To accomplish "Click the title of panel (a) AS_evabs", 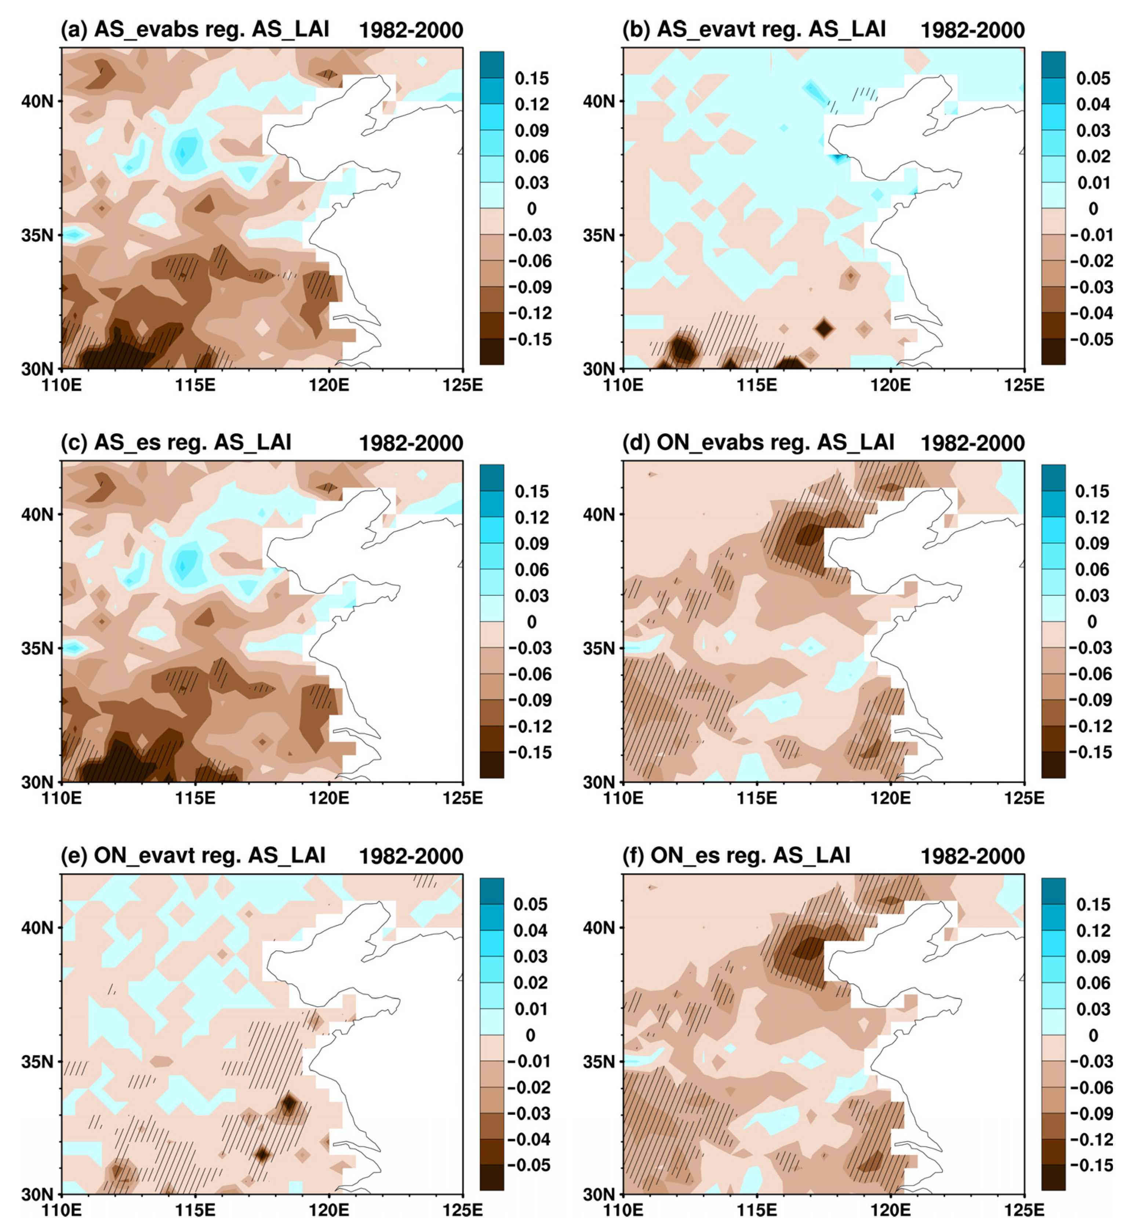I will [194, 29].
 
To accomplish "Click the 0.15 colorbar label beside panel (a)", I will [531, 78].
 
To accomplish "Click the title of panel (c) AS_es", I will [176, 442].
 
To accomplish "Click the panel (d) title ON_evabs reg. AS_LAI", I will [758, 442].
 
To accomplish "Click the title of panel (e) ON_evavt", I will [193, 855].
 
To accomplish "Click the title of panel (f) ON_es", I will [736, 855].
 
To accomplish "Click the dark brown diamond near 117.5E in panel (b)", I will [824, 328].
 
